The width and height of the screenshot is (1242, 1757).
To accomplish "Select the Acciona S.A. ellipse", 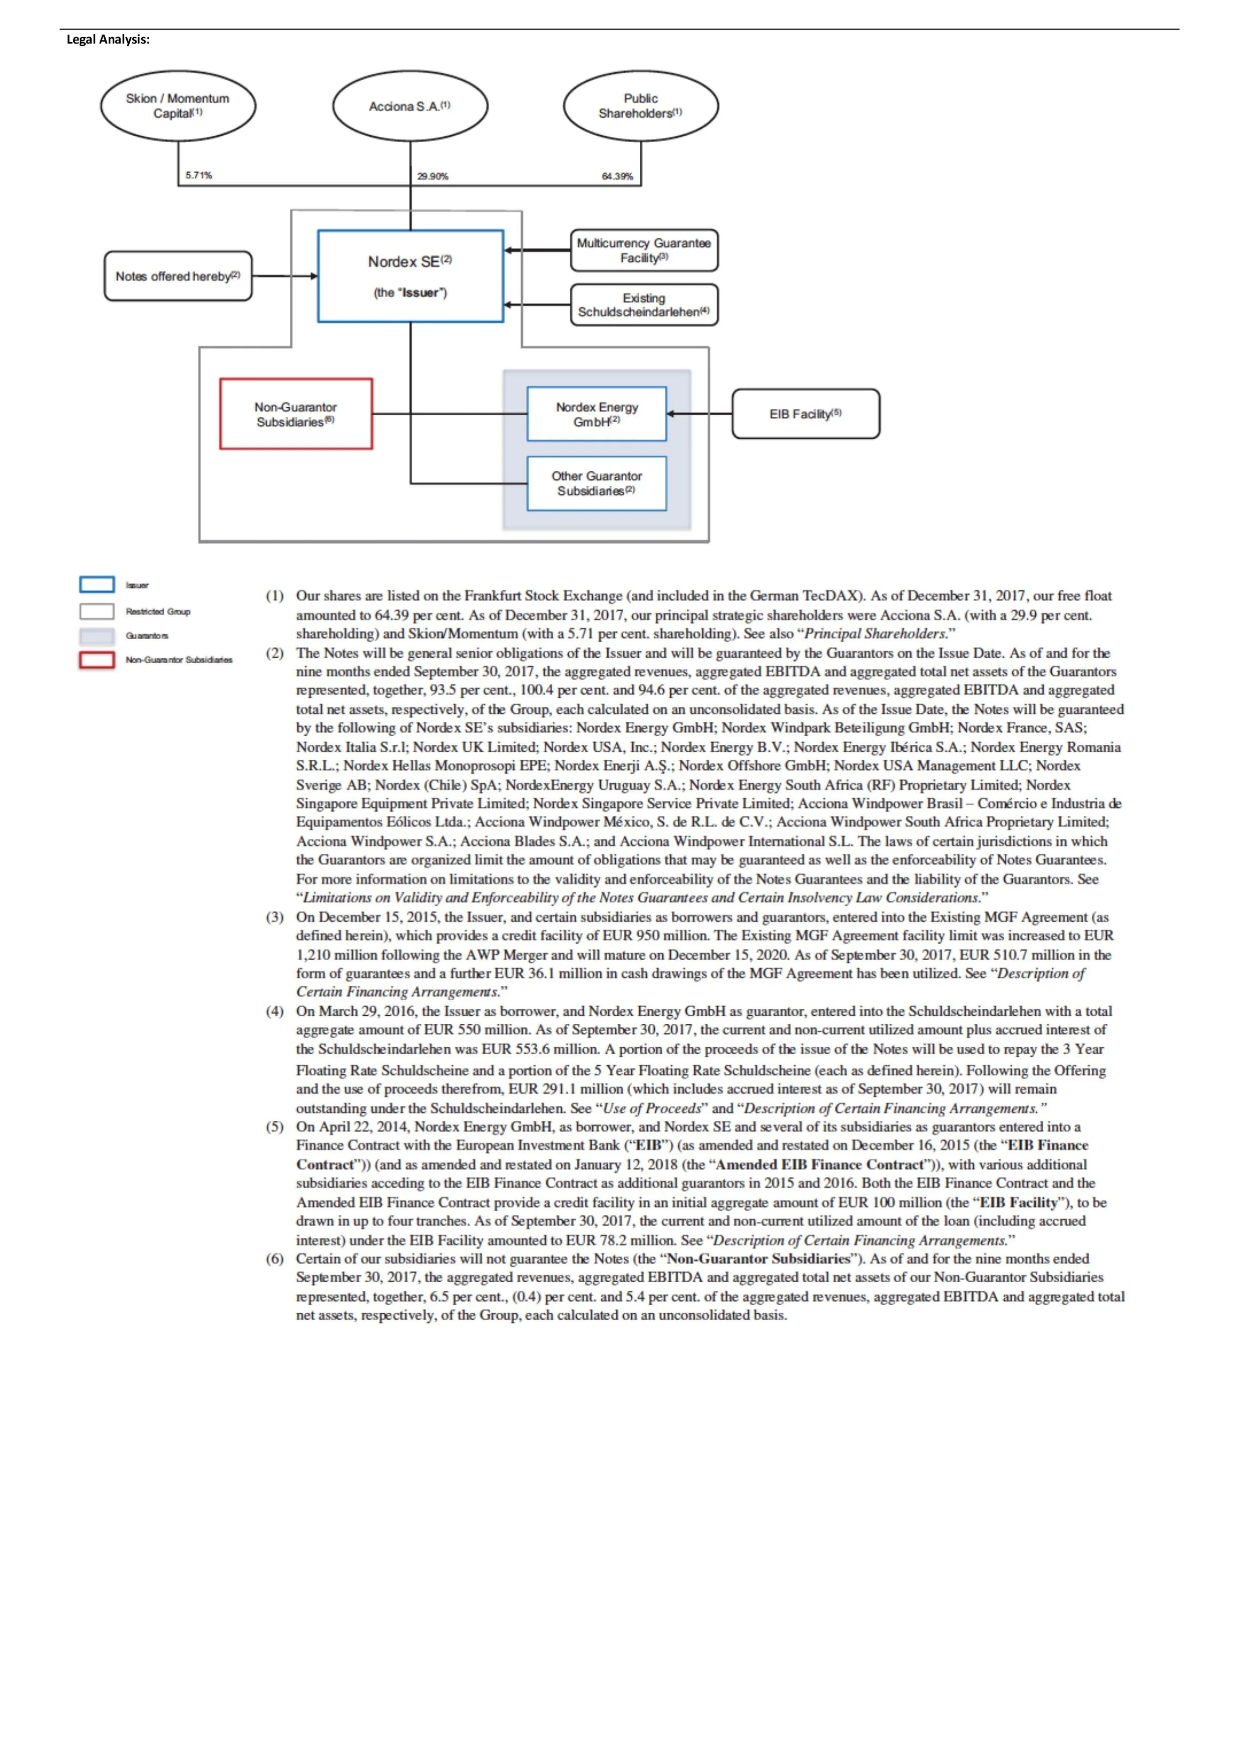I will [410, 106].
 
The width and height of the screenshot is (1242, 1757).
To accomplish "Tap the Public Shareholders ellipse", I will [641, 106].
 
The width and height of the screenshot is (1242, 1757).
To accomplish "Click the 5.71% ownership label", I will [199, 175].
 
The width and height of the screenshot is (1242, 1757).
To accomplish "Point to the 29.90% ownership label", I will [433, 176].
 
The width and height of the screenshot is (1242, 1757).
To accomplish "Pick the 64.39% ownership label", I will [617, 176].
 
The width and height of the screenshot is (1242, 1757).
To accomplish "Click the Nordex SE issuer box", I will [410, 275].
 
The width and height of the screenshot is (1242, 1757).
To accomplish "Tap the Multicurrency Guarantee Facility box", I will [644, 250].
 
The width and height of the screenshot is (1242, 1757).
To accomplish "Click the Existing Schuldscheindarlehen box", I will [644, 305].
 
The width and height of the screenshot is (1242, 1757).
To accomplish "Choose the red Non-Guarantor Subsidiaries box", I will [296, 414].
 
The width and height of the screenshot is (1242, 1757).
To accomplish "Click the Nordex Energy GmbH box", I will [597, 414].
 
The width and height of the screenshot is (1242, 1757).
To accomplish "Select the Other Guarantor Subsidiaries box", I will [597, 484].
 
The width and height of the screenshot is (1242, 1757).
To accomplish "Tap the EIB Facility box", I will [805, 414].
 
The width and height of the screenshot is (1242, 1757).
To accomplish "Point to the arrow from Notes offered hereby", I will [284, 276].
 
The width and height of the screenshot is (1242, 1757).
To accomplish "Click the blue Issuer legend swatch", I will [97, 584].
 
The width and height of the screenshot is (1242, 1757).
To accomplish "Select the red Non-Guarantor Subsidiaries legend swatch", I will [97, 660].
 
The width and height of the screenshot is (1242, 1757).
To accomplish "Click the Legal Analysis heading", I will [108, 40].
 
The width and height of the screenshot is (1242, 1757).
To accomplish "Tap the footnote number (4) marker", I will [274, 1011].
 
